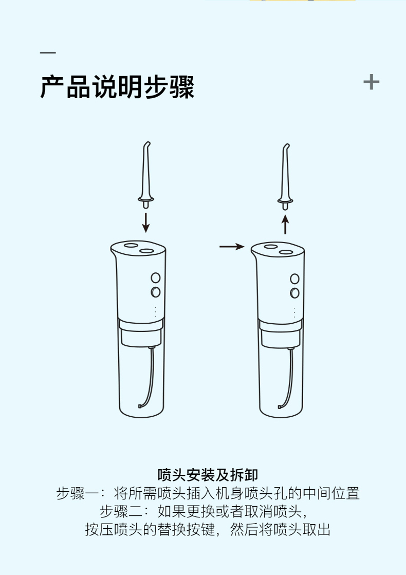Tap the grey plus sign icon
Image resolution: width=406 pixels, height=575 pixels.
pyautogui.click(x=371, y=82)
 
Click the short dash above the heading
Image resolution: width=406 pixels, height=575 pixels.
pyautogui.click(x=48, y=53)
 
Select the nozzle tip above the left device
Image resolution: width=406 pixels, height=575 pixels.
pyautogui.click(x=146, y=175)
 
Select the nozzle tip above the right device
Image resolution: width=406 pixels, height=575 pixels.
pyautogui.click(x=285, y=176)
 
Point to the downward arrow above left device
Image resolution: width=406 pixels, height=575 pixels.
pyautogui.click(x=146, y=222)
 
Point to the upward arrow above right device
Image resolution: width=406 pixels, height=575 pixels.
pyautogui.click(x=285, y=225)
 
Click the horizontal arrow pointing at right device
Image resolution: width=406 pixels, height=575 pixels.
pyautogui.click(x=232, y=247)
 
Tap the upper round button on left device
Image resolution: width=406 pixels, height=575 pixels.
pyautogui.click(x=156, y=277)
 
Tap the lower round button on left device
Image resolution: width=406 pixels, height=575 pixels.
pyautogui.click(x=156, y=292)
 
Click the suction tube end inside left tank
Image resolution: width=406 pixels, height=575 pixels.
pyautogui.click(x=140, y=406)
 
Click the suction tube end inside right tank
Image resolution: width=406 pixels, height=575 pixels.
pyautogui.click(x=280, y=406)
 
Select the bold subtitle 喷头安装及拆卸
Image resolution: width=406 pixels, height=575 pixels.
pyautogui.click(x=208, y=475)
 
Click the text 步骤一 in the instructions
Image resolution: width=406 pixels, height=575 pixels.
pyautogui.click(x=78, y=493)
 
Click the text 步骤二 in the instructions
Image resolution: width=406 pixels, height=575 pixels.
pyautogui.click(x=121, y=511)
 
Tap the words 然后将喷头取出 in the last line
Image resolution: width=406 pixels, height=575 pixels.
pyautogui.click(x=280, y=530)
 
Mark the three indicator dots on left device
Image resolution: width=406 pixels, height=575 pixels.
pyautogui.click(x=156, y=312)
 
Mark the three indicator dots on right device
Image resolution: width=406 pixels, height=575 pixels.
pyautogui.click(x=294, y=312)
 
